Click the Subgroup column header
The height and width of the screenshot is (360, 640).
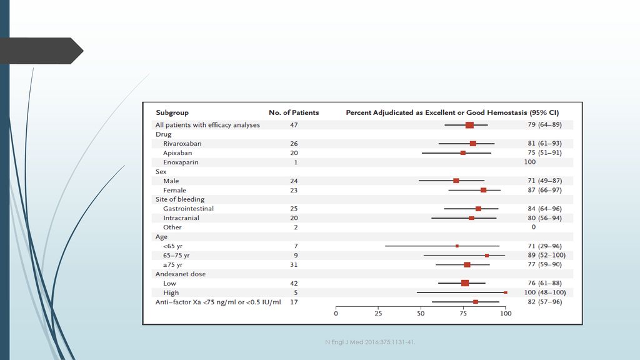pyautogui.click(x=172, y=112)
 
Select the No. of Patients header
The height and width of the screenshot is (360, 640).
pyautogui.click(x=294, y=112)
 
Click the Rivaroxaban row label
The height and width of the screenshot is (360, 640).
pyautogui.click(x=182, y=144)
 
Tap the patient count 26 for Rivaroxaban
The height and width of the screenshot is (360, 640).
pyautogui.click(x=294, y=144)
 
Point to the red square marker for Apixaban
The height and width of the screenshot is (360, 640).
pyautogui.click(x=463, y=153)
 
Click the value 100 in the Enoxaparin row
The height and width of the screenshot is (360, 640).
pyautogui.click(x=530, y=162)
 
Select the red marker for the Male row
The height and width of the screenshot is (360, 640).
pyautogui.click(x=456, y=181)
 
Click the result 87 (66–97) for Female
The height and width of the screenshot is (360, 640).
pyautogui.click(x=544, y=190)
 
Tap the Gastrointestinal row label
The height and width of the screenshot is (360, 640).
pyautogui.click(x=188, y=209)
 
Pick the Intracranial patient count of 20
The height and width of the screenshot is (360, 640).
pyautogui.click(x=294, y=218)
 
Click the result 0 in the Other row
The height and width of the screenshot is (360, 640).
pyautogui.click(x=534, y=227)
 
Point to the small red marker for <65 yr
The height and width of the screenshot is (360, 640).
pyautogui.click(x=457, y=246)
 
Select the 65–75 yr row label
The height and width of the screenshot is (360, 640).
pyautogui.click(x=176, y=256)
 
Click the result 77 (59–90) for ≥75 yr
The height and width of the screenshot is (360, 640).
pyautogui.click(x=544, y=264)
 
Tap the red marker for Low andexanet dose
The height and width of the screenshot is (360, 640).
pyautogui.click(x=465, y=283)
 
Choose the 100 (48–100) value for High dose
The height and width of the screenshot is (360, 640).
pyautogui.click(x=545, y=292)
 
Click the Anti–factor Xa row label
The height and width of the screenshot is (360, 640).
pyautogui.click(x=218, y=302)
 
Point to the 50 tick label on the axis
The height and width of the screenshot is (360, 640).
pyautogui.click(x=421, y=314)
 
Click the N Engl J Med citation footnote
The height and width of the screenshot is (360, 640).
pyautogui.click(x=370, y=342)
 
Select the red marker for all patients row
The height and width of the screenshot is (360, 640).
pyautogui.click(x=470, y=125)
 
